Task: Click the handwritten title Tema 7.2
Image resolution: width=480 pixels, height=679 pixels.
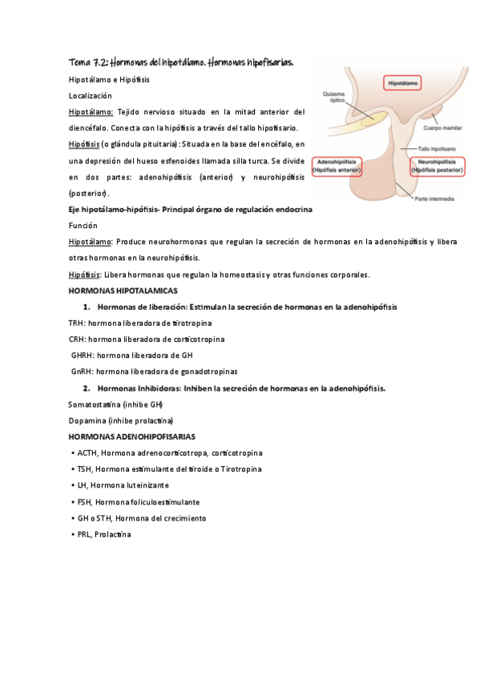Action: coord(181,62)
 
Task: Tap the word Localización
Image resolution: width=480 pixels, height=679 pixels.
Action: coord(93,94)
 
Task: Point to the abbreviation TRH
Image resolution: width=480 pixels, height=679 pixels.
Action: coord(78,323)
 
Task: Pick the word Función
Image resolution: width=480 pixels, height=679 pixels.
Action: coord(83,225)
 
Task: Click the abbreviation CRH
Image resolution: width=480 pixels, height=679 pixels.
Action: coord(78,339)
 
